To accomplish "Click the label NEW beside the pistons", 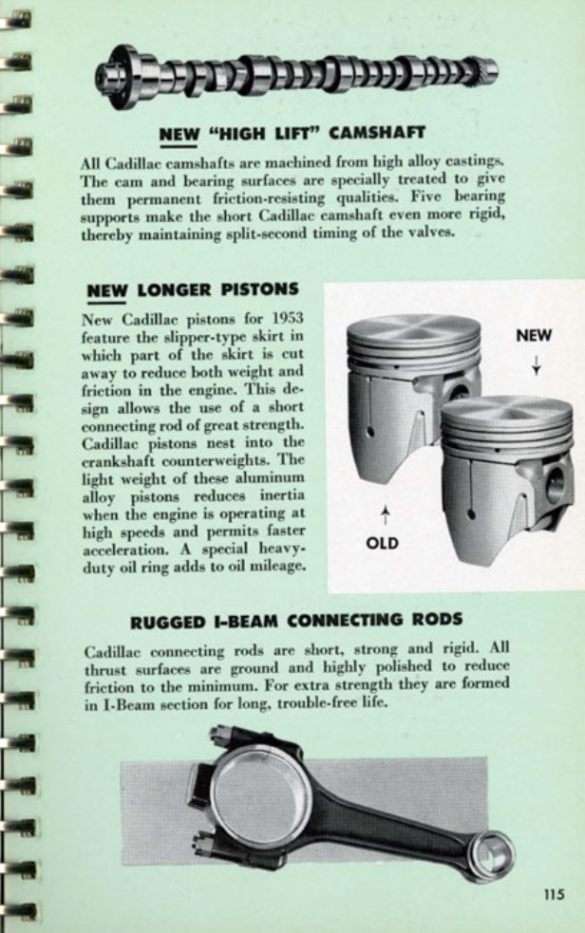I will (535, 335).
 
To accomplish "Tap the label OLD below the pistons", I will (382, 543).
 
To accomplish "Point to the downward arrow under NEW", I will (536, 364).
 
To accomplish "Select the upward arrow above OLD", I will (383, 515).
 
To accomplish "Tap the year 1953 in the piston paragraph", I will (284, 319).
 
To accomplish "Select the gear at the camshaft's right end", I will (484, 70).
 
